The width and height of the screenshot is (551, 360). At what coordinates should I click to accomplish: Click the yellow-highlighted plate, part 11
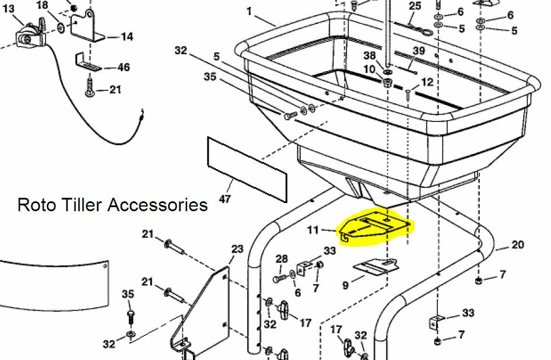coord(374,229)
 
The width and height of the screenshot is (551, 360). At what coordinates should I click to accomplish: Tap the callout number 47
coord(224,200)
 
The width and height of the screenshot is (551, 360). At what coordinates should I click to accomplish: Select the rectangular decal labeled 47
coord(247,170)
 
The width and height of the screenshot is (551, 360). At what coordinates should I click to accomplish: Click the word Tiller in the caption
coord(83,205)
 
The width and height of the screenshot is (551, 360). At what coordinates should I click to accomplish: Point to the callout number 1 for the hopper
coord(249,11)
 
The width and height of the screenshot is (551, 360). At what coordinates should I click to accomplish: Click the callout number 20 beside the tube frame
coord(518,244)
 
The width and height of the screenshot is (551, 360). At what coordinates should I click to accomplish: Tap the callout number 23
coord(237,249)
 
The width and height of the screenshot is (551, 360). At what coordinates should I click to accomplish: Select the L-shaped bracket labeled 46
coord(87,62)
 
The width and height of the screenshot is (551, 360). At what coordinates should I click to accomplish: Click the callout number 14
coord(127,37)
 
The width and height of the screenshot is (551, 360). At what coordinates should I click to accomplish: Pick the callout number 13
coord(8,8)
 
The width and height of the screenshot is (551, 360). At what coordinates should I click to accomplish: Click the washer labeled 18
coord(61,27)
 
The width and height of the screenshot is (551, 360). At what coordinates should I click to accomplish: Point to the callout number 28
coord(282,258)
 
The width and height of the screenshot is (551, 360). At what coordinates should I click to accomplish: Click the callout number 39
coord(419,51)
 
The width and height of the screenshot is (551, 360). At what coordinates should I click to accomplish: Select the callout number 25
coord(415,6)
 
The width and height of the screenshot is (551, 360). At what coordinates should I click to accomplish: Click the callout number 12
coord(427,82)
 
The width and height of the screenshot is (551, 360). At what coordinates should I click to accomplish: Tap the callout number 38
coord(369,55)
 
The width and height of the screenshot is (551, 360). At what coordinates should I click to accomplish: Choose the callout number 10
coord(369,69)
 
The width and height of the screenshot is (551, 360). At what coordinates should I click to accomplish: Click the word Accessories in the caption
coord(158,205)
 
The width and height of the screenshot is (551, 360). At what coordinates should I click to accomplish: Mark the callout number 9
coord(345,285)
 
